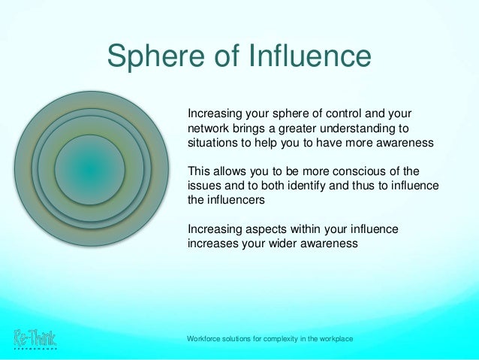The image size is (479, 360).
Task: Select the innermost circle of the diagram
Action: (x=89, y=170)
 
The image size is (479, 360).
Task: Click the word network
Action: (x=208, y=129)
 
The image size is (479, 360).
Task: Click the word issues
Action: (x=203, y=186)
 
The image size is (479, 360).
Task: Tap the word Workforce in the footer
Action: (x=206, y=340)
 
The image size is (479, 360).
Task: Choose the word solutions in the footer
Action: (x=239, y=340)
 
